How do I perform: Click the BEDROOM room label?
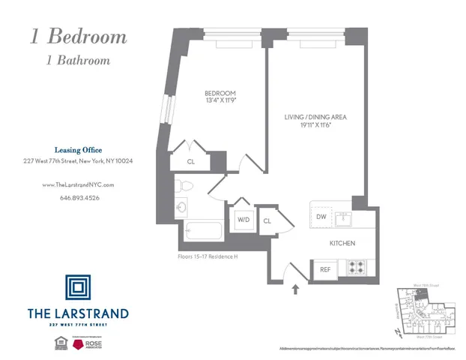point(220,94)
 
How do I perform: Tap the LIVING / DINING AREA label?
point(315,117)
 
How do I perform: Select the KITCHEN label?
point(342,243)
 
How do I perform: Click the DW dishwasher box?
point(321,217)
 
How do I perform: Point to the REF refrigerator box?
point(325,268)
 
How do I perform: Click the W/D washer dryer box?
point(243,220)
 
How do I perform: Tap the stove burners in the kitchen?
point(356,268)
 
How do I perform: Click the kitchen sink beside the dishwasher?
point(344,218)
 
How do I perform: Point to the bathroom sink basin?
point(181,207)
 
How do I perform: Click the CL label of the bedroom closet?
point(191,160)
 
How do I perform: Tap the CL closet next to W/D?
point(267,220)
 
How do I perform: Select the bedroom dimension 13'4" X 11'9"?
point(220,103)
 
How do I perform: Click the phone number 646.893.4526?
point(79,198)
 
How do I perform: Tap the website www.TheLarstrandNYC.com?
point(79,184)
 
